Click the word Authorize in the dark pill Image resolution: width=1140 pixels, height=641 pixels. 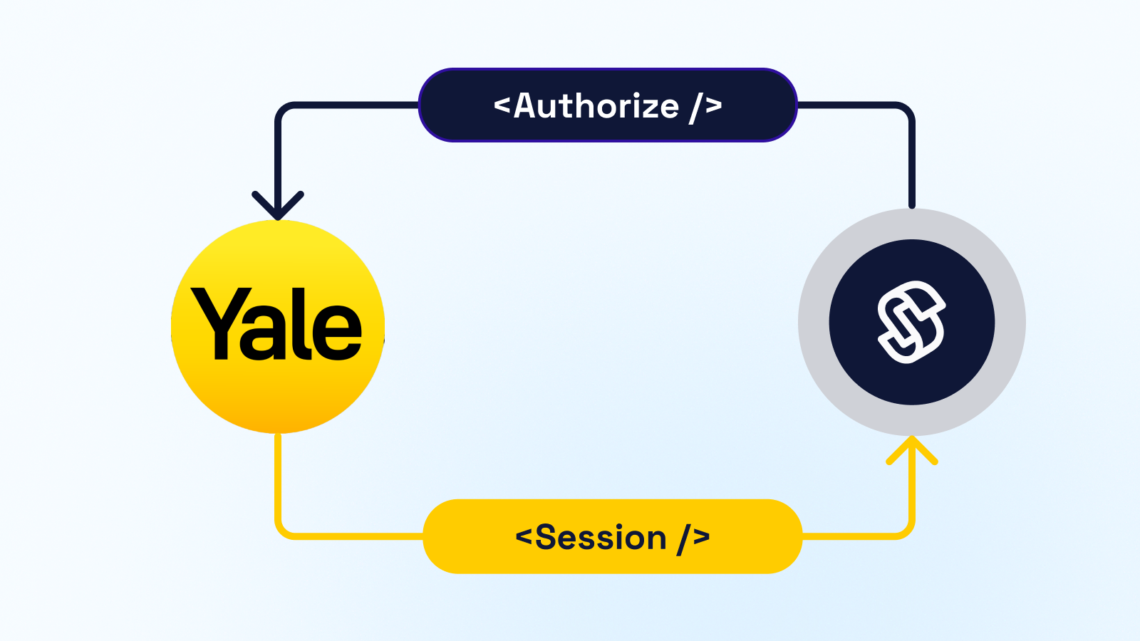(x=596, y=106)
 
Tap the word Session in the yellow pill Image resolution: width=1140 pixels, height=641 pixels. (x=601, y=538)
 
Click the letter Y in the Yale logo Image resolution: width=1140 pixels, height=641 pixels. (x=221, y=320)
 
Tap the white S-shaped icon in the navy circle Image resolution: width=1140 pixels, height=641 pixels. (x=911, y=322)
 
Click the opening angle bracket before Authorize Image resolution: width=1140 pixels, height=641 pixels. (x=502, y=106)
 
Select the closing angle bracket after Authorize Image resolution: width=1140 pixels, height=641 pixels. (x=714, y=106)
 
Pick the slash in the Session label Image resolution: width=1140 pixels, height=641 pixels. (x=683, y=538)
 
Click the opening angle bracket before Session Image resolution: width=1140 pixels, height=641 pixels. (x=524, y=536)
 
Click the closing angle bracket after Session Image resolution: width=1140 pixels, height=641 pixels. (x=702, y=536)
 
